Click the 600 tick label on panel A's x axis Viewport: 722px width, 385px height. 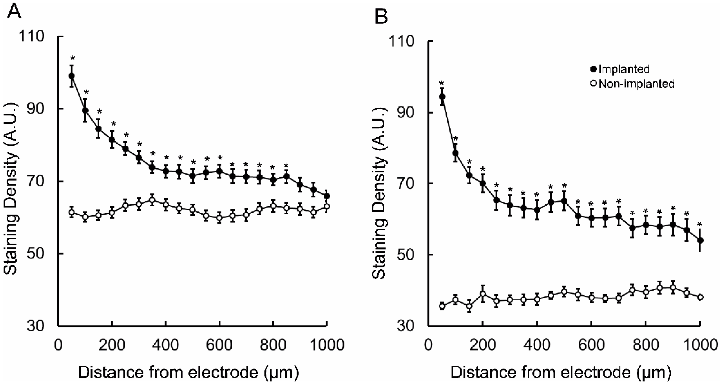click(219, 345)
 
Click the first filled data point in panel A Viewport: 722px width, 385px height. click(72, 76)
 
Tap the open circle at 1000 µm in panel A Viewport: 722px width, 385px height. click(327, 207)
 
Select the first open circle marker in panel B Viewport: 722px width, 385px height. click(442, 306)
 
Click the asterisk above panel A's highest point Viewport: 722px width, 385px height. click(72, 58)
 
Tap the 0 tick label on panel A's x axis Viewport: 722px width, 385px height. click(58, 345)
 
